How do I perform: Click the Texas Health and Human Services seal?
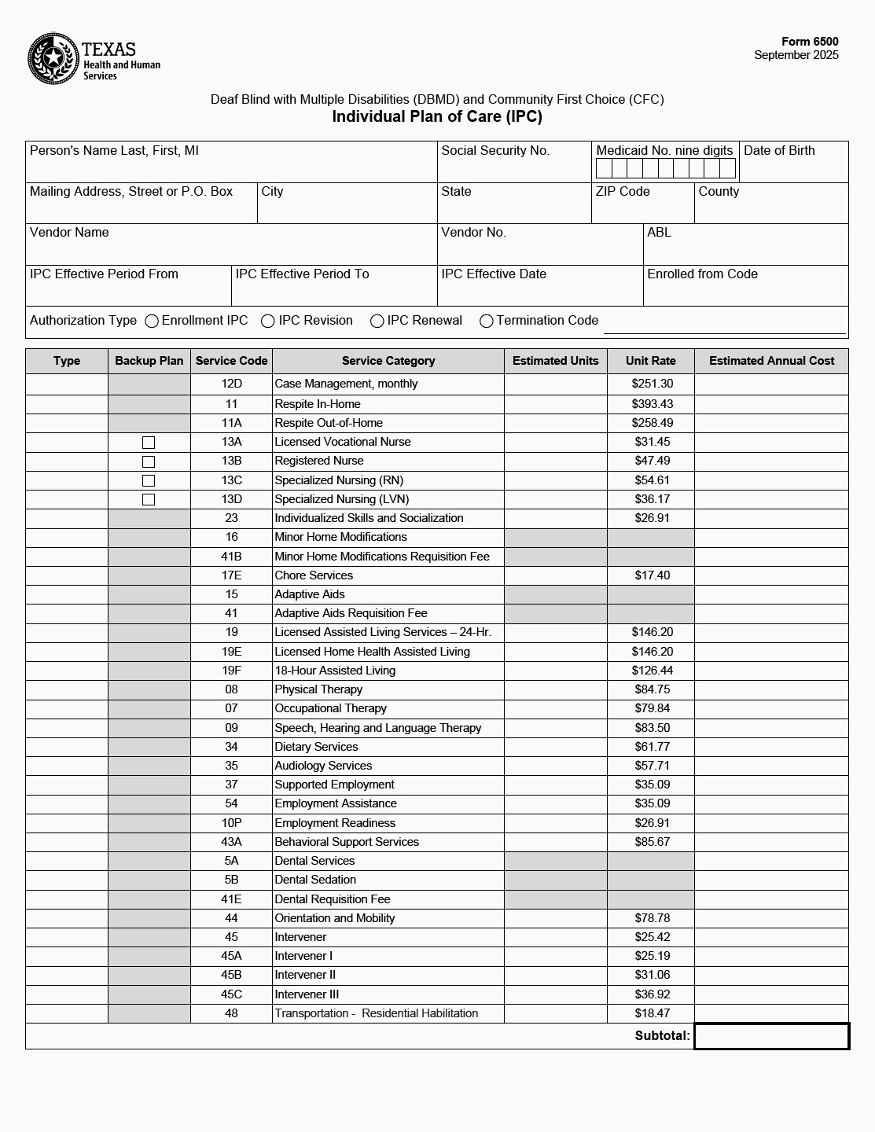click(53, 58)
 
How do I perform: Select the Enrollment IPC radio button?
click(152, 321)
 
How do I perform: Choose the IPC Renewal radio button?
click(377, 321)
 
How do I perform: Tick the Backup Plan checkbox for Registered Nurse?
click(149, 461)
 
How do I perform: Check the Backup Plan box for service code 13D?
click(149, 499)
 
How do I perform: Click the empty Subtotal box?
click(771, 1036)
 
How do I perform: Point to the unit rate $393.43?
click(652, 404)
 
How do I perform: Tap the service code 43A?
click(231, 842)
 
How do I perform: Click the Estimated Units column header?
click(555, 361)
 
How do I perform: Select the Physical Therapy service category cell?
click(318, 689)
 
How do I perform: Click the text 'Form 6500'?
click(810, 42)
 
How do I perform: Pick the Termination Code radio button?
click(487, 321)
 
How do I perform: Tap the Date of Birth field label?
click(779, 151)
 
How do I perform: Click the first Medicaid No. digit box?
click(604, 168)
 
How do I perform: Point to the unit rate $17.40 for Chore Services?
click(652, 575)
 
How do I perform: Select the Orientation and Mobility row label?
click(335, 918)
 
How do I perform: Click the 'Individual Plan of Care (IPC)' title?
click(437, 117)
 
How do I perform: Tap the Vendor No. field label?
click(473, 233)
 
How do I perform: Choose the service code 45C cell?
click(231, 994)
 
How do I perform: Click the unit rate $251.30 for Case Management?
click(652, 384)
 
